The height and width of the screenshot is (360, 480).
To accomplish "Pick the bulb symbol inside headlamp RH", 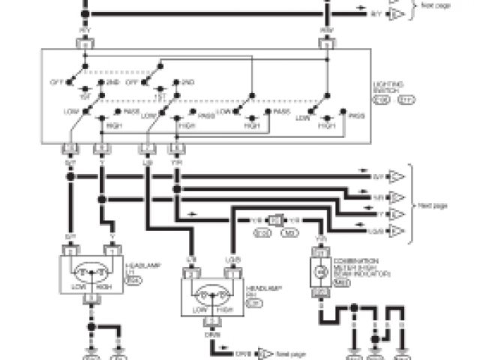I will tap(211, 292).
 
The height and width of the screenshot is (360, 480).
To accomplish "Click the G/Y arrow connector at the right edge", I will tap(397, 177).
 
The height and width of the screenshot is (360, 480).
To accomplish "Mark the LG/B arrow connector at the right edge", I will tap(397, 229).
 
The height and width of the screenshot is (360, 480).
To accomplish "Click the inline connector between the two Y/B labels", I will tap(276, 220).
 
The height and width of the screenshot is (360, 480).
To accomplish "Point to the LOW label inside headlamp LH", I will tap(77, 287).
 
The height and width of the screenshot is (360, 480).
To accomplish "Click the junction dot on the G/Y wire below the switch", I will tap(70, 177).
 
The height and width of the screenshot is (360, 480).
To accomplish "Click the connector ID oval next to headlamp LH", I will tap(135, 280).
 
